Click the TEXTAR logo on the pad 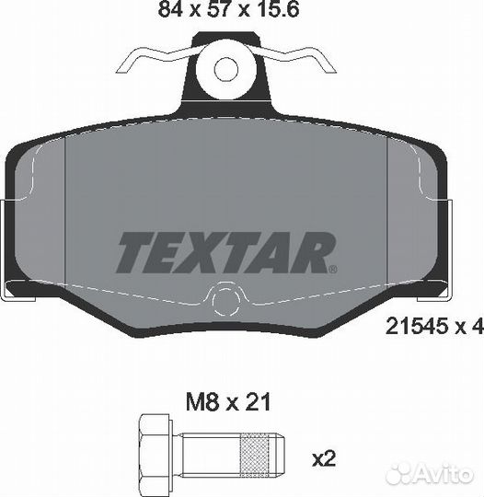(226, 252)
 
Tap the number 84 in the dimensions (170, 9)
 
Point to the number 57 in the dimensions (218, 9)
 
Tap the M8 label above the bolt (202, 402)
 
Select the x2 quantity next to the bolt (324, 458)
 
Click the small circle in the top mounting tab (226, 70)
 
